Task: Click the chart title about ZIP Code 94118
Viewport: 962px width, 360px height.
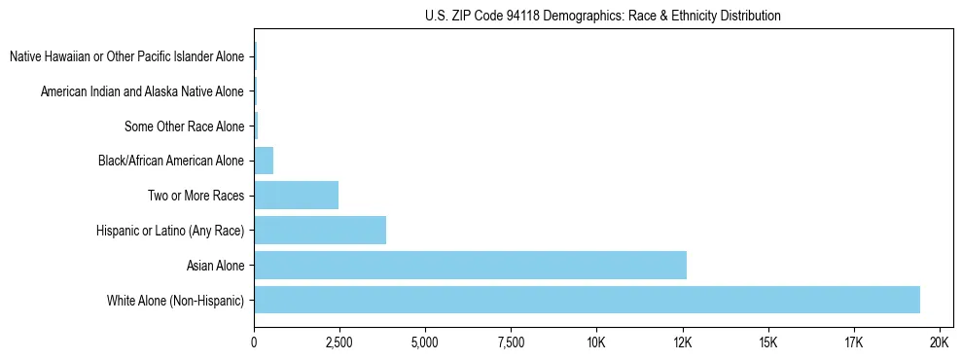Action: [x=603, y=16]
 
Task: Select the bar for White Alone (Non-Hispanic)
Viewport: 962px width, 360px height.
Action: [x=587, y=300]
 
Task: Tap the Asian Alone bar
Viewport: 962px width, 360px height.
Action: [x=470, y=265]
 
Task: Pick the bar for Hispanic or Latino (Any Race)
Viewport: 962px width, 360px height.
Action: [x=320, y=230]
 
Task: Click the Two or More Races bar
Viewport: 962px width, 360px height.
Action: [x=296, y=195]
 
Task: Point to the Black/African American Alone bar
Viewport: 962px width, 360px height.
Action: [x=264, y=160]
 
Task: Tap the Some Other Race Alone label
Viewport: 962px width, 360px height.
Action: [x=184, y=126]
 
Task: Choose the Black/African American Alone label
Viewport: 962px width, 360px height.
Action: [x=171, y=161]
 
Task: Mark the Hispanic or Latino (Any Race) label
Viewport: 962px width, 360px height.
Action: [x=170, y=231]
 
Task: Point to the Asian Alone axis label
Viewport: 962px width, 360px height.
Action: [x=215, y=265]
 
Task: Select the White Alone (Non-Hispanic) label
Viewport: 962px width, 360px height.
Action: [x=176, y=300]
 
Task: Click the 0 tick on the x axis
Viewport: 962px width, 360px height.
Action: [x=254, y=342]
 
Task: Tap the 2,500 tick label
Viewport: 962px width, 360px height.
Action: [x=339, y=342]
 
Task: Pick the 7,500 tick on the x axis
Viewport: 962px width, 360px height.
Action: [x=511, y=342]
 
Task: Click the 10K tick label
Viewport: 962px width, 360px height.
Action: [x=596, y=342]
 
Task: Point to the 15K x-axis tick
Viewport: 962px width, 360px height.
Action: [x=768, y=342]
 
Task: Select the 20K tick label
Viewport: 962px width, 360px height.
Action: [x=940, y=342]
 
